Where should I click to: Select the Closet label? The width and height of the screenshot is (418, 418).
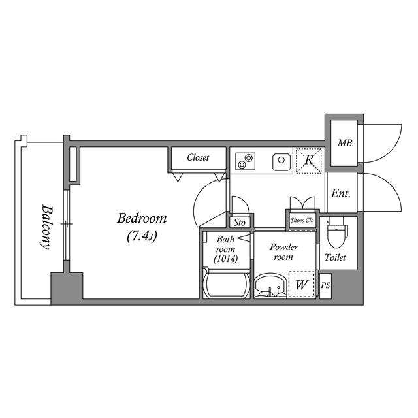point(197,157)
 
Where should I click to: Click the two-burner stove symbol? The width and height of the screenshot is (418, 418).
point(246,159)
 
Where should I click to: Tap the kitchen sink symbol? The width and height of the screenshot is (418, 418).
point(281,159)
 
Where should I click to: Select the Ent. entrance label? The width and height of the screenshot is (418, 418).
point(340,193)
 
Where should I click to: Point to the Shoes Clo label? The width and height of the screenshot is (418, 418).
point(302,221)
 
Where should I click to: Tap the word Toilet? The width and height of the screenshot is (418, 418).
point(336,257)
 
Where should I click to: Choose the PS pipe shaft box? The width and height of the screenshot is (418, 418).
point(325,285)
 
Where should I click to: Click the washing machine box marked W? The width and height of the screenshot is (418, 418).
point(301,285)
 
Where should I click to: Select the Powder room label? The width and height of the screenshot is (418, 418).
point(283,252)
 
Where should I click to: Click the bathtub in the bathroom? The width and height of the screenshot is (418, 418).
point(226,285)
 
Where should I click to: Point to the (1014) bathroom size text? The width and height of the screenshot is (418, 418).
point(225,259)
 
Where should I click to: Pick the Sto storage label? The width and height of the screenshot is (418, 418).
point(240,223)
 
